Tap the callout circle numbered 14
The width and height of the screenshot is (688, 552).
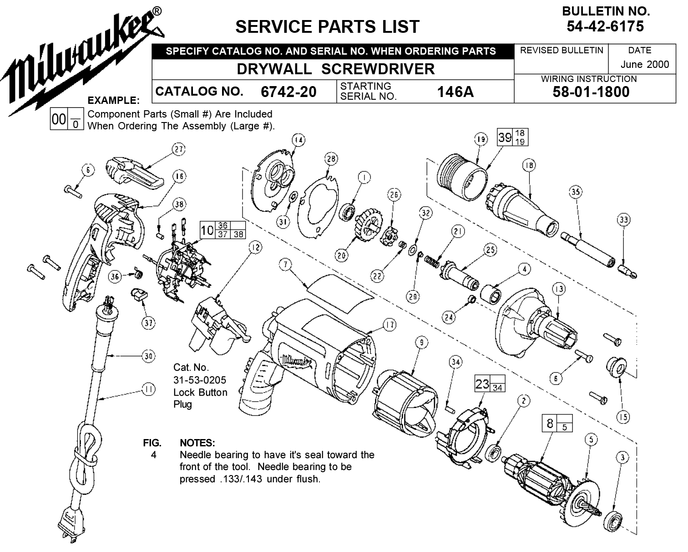[298, 140]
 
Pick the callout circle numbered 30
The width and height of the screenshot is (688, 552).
[148, 356]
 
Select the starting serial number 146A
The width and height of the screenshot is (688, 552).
[455, 92]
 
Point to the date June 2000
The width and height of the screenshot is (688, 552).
[645, 64]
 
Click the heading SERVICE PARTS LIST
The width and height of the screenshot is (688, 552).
[327, 27]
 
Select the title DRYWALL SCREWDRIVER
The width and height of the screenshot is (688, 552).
[336, 69]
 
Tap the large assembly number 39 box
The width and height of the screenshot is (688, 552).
[505, 138]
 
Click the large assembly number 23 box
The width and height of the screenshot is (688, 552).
[482, 383]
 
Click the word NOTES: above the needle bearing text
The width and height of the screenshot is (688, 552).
[197, 443]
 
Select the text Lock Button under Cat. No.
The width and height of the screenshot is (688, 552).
[200, 392]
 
